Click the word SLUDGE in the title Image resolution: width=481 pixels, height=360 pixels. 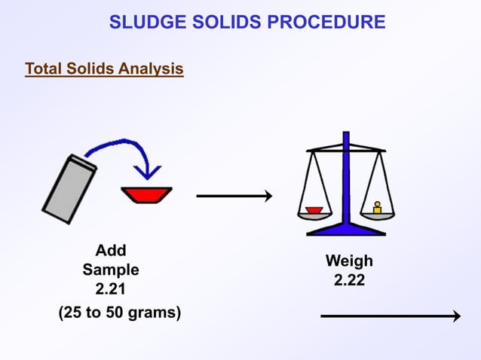click(x=145, y=22)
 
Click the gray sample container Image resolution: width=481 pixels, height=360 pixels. click(x=69, y=188)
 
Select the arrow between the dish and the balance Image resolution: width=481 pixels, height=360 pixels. click(x=234, y=197)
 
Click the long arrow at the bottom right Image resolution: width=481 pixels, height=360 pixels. click(x=390, y=316)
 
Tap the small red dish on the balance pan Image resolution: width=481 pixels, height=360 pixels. click(x=314, y=209)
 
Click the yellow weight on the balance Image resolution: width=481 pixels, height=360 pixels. click(x=377, y=207)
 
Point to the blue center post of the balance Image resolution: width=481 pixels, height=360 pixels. click(x=346, y=181)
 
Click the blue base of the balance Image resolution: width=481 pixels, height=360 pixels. click(x=346, y=229)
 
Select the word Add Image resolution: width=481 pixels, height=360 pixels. click(x=111, y=250)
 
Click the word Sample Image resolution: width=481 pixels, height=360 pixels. click(x=111, y=270)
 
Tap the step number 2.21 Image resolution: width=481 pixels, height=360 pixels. click(x=111, y=289)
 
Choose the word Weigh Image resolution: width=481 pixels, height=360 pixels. click(x=349, y=261)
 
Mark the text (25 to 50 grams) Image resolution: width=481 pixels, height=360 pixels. click(x=120, y=312)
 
